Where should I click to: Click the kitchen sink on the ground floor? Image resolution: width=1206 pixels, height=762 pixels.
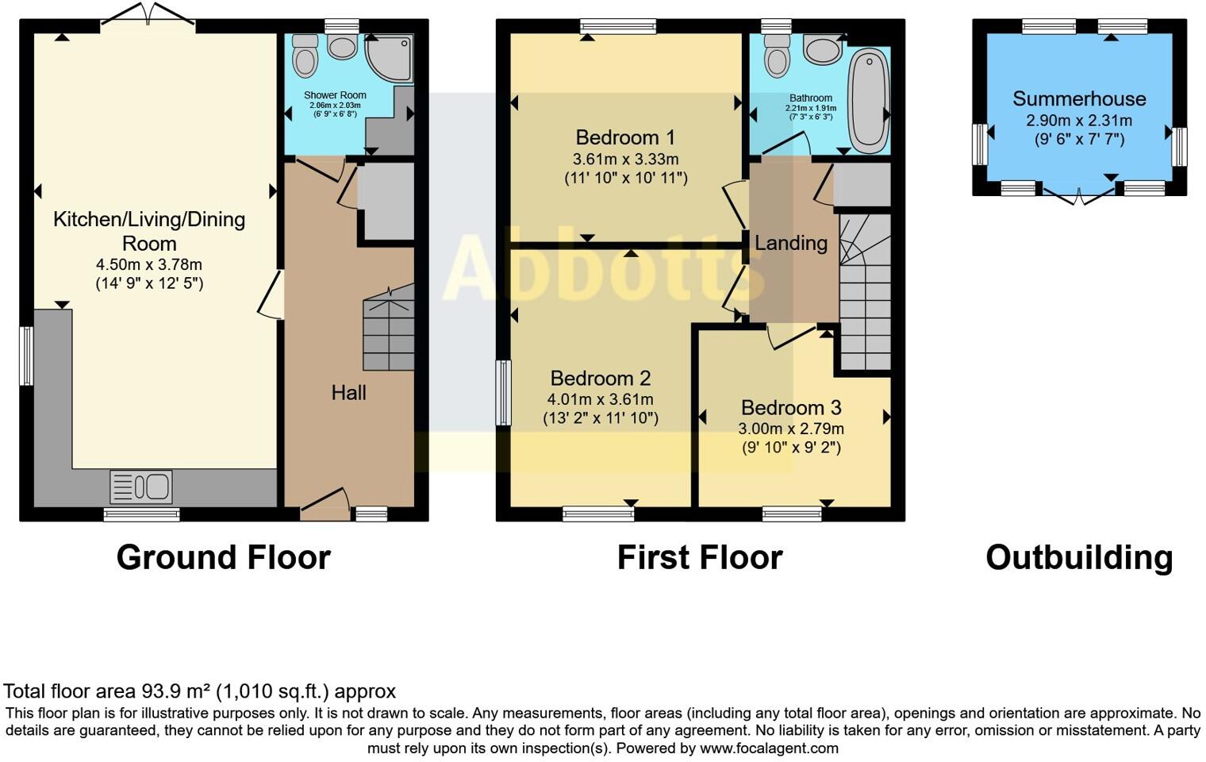tap(141, 487)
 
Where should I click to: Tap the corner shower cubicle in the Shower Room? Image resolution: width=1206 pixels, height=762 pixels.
tap(391, 57)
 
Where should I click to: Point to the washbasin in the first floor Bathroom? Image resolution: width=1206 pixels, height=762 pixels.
tap(825, 50)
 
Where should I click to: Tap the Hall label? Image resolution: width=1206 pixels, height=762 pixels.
tap(348, 392)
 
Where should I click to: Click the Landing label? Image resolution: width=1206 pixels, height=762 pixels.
tap(790, 243)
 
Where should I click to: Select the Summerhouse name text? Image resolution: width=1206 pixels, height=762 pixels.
tap(1079, 99)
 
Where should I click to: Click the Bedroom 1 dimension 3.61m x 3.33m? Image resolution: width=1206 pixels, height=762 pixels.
tap(625, 159)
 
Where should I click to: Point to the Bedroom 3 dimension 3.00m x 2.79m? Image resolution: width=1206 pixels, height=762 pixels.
tap(791, 429)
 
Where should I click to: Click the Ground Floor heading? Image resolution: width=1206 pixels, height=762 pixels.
tap(223, 557)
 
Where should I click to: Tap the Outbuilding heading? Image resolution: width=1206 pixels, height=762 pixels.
tap(1079, 557)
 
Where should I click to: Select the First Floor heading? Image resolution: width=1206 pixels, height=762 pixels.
tap(700, 557)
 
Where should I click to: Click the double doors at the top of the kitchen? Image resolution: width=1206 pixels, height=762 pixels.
tap(148, 16)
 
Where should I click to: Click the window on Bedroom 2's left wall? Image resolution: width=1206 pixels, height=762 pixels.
tap(503, 393)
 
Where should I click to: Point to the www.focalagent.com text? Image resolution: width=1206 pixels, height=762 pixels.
tap(769, 748)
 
